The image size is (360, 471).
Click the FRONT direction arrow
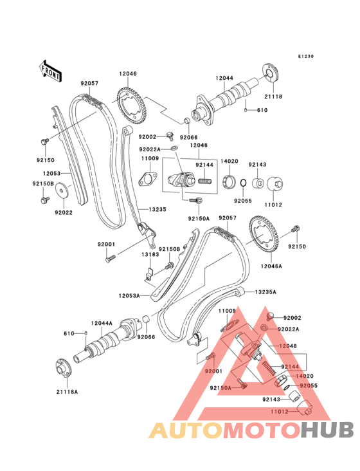(50, 71)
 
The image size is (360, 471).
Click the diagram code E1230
(306, 56)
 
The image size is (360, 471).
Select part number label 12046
(128, 73)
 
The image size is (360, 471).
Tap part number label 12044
(224, 78)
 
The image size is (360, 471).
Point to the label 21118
(273, 97)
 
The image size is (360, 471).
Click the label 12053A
(129, 296)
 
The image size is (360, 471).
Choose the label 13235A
(265, 291)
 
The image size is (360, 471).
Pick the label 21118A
(67, 392)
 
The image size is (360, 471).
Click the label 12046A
(271, 266)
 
